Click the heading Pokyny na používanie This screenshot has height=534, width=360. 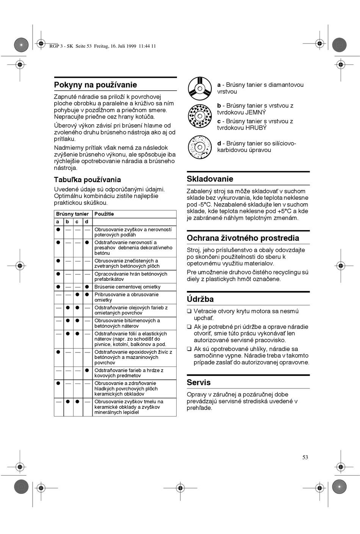pos(95,85)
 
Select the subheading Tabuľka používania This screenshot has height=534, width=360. pos(87,180)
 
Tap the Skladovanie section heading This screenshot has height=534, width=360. pos(210,179)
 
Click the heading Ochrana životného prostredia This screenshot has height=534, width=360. pos(243,238)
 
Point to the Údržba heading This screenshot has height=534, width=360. pos(200,299)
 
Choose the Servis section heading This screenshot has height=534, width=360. pos(199,382)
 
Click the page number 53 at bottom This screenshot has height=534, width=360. pos(305,457)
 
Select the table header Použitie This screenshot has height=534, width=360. pos(104,214)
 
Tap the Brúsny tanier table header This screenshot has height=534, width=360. pos(72,214)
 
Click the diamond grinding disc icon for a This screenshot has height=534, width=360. pos(200,88)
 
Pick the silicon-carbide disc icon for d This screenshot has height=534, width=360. pos(200,147)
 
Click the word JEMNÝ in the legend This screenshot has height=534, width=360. pos(256,113)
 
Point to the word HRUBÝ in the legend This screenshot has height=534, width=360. pos(257,128)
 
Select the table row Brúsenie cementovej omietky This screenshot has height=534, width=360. pos(127,287)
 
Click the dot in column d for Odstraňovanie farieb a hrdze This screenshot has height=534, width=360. pos(87,370)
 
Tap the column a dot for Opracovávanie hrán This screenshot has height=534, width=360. pos(58,274)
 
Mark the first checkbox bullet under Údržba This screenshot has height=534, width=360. pos(189,312)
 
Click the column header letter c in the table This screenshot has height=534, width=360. pos(77,222)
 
